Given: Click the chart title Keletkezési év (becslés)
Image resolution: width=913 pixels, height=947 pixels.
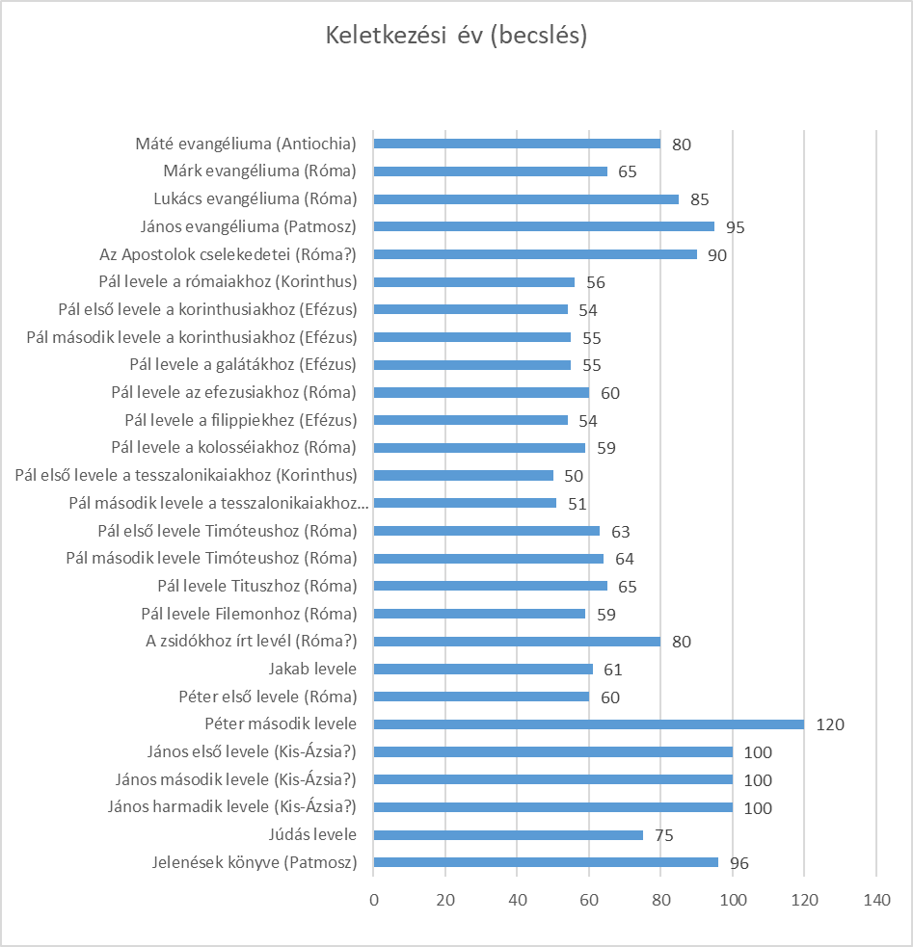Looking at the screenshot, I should click(x=456, y=36).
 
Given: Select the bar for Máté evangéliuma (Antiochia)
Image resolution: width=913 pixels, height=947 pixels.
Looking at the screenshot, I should click(x=517, y=144).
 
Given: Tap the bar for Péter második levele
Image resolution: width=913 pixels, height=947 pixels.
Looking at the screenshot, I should click(x=588, y=724).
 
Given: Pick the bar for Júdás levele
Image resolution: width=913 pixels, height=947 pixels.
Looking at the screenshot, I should click(x=508, y=835).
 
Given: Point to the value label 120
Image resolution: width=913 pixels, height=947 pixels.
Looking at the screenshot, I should click(x=829, y=724).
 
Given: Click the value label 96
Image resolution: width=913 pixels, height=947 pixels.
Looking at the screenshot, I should click(x=739, y=863).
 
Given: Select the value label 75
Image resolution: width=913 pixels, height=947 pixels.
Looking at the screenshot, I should click(x=664, y=835).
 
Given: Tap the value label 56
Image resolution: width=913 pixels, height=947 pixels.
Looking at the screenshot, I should click(x=596, y=282).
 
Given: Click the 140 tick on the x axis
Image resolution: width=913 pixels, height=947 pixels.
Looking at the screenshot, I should click(x=876, y=900).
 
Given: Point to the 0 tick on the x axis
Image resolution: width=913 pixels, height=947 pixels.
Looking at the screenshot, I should click(x=374, y=900).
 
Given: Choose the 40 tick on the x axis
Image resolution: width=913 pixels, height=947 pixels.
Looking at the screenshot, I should click(x=517, y=900).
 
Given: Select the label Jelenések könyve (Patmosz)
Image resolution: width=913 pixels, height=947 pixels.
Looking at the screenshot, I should click(x=254, y=863).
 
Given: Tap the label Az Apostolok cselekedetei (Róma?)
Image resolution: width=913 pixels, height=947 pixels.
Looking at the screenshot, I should click(x=228, y=255).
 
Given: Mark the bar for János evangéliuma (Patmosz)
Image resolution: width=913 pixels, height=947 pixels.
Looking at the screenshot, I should click(x=544, y=227).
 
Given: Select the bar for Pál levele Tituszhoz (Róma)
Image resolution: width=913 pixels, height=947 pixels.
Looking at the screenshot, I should click(x=491, y=586).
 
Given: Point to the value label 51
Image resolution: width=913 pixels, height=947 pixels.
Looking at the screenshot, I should click(x=577, y=504).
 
